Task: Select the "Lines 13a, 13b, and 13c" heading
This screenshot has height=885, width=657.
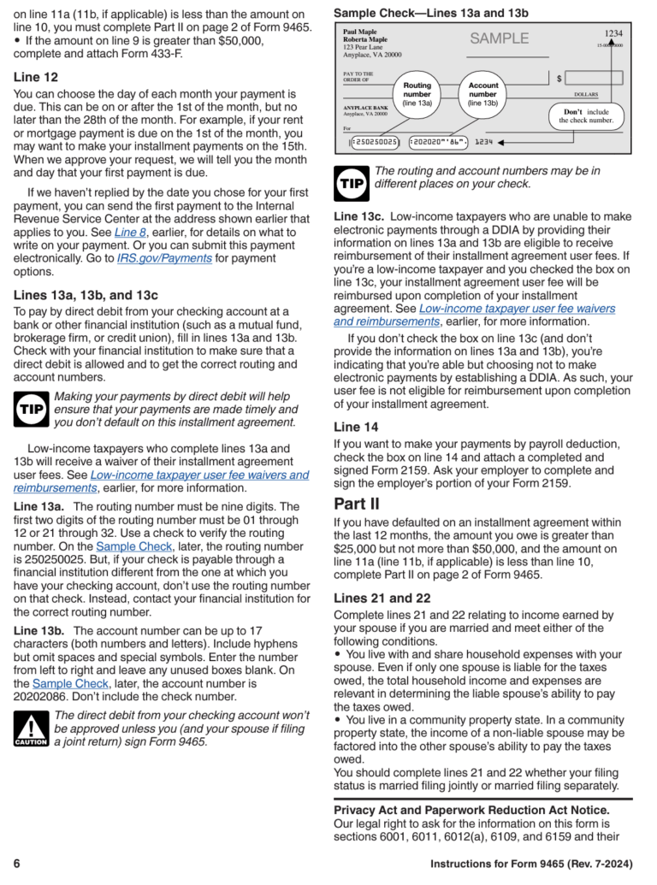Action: (86, 295)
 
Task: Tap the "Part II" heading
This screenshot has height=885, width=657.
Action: (357, 504)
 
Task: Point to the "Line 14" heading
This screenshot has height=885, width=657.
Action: (356, 427)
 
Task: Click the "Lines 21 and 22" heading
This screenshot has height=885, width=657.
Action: (382, 598)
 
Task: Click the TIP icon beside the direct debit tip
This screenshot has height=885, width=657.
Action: (31, 410)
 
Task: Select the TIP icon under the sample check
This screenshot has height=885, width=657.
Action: (351, 182)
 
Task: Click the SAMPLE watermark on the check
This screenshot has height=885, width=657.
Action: (499, 38)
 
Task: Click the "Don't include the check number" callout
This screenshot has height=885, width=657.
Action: (586, 116)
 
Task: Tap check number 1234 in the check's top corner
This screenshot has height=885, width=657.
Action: (613, 33)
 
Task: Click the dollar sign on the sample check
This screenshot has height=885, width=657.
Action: (559, 79)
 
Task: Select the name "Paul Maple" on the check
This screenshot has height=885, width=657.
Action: (359, 32)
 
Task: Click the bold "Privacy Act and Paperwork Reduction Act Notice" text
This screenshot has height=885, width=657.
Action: (471, 810)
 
